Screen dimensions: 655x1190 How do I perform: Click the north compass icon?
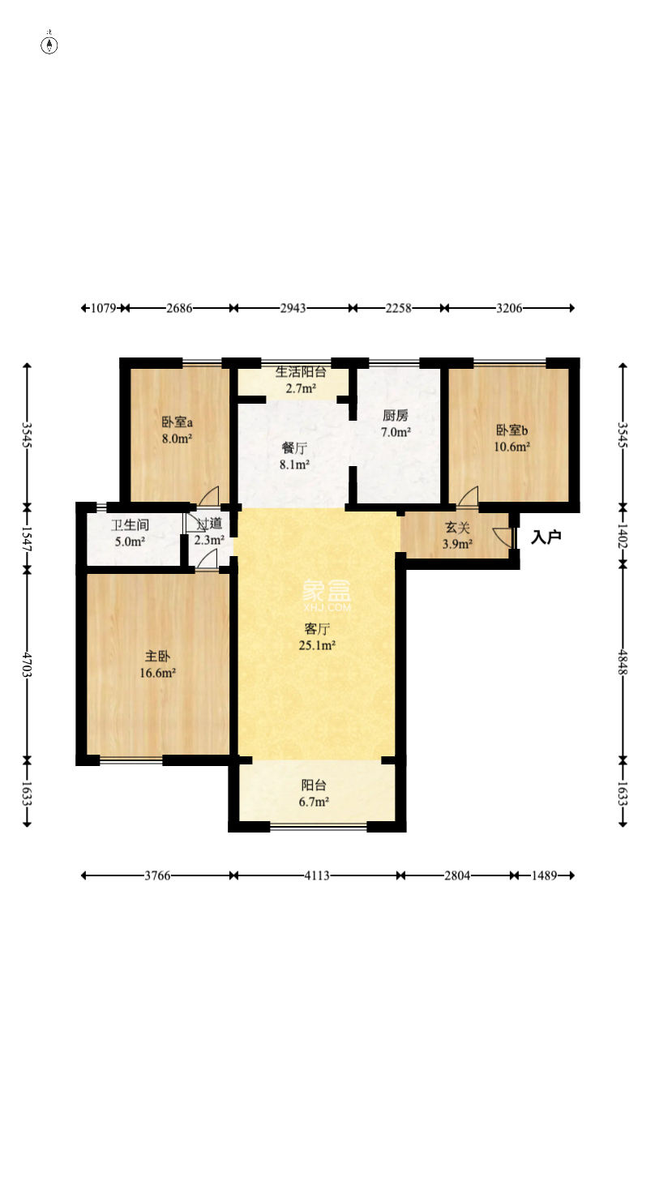click(x=49, y=45)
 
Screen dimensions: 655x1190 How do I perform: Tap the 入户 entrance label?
click(x=546, y=537)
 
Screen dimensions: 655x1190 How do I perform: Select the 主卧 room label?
click(x=158, y=656)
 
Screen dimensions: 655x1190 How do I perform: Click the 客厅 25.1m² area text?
click(x=317, y=645)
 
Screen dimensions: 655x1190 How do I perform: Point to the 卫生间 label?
click(x=131, y=525)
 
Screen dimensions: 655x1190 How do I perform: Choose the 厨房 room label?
click(x=396, y=415)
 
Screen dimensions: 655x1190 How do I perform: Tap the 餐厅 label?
click(x=294, y=448)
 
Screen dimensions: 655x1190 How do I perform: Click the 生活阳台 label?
click(x=301, y=372)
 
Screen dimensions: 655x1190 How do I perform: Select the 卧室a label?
click(x=177, y=422)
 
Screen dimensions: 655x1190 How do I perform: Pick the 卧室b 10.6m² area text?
click(x=512, y=447)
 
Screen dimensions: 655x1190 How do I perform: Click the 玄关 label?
click(x=457, y=528)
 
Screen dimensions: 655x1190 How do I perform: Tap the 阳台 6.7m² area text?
click(x=314, y=802)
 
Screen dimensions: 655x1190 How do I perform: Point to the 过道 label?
click(x=209, y=524)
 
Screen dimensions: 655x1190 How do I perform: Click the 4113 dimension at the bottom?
click(x=317, y=875)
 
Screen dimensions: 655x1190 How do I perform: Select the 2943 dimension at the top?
click(x=293, y=308)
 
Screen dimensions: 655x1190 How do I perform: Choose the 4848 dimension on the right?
click(x=623, y=662)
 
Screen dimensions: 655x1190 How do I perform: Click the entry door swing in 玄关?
click(x=502, y=537)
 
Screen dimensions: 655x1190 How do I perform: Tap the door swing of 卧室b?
click(x=468, y=496)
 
